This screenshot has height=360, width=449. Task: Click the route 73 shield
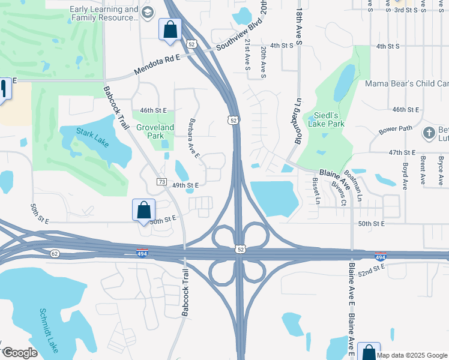pyautogui.click(x=161, y=181)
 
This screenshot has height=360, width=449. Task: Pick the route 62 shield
pyautogui.click(x=54, y=253)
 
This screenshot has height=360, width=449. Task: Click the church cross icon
pyautogui.click(x=429, y=133)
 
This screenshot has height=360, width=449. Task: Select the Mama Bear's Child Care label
pyautogui.click(x=407, y=83)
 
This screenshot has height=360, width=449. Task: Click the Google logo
pyautogui.click(x=20, y=353)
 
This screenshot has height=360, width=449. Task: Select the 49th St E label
pyautogui.click(x=185, y=185)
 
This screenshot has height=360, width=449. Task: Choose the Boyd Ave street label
pyautogui.click(x=405, y=176)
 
